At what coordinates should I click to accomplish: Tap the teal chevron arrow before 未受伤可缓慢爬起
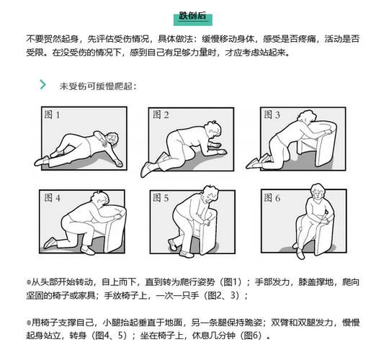[x=43, y=85]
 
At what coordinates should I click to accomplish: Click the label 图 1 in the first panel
[x=52, y=114]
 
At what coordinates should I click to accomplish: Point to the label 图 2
[x=160, y=114]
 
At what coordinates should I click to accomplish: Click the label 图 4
[x=52, y=197]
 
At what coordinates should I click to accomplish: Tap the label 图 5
[x=160, y=197]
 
